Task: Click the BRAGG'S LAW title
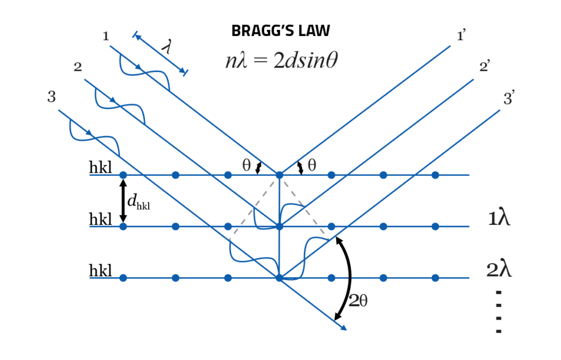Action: point(280,31)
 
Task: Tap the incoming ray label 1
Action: point(106,36)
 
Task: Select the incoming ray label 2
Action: point(78,67)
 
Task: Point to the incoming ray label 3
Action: point(52,97)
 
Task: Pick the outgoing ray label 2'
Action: point(484,68)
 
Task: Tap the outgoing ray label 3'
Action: point(509,99)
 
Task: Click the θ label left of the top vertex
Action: point(247,166)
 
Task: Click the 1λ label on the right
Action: point(500,218)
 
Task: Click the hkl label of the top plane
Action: point(101,168)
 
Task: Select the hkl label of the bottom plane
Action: point(101,271)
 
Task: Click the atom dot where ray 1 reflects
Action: point(279,175)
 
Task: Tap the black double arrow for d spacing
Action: point(123,200)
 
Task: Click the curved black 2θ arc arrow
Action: point(349,278)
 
